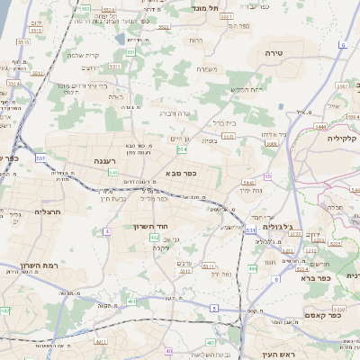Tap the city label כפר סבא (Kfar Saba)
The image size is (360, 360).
[181, 173]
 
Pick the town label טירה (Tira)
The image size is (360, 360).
[274, 54]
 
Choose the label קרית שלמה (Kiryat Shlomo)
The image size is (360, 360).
[82, 55]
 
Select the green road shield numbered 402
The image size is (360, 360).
[154, 238]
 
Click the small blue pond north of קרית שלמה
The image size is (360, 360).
[121, 40]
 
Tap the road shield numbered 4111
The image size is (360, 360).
[101, 341]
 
